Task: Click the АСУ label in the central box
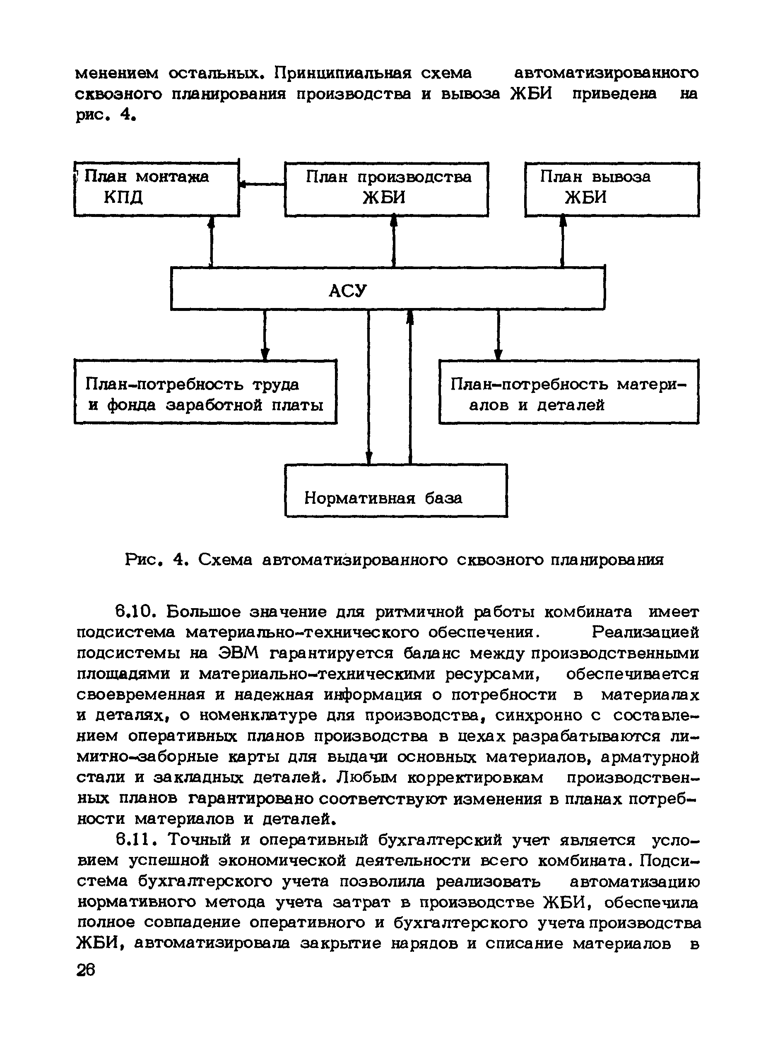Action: pyautogui.click(x=348, y=291)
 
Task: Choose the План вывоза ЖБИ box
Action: pyautogui.click(x=612, y=189)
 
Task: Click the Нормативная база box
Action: pyautogui.click(x=396, y=490)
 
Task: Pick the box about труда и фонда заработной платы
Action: pyautogui.click(x=205, y=392)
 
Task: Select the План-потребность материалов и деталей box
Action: pyautogui.click(x=568, y=392)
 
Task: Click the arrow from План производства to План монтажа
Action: pyautogui.click(x=262, y=185)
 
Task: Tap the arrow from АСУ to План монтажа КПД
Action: pyautogui.click(x=211, y=241)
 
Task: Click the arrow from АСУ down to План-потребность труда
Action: pyautogui.click(x=265, y=334)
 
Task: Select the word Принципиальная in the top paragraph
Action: pyautogui.click(x=342, y=73)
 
